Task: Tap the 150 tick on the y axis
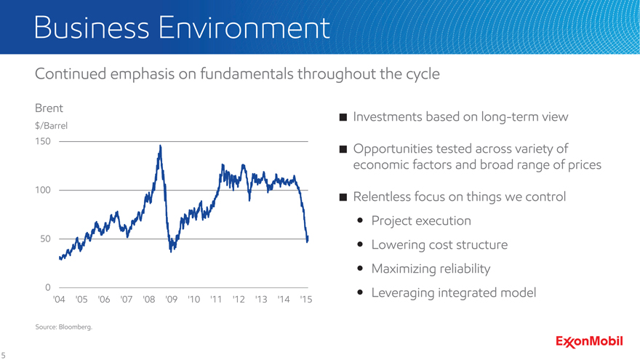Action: point(43,140)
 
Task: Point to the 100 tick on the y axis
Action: point(43,190)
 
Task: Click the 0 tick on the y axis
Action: point(47,287)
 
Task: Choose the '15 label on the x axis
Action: point(306,300)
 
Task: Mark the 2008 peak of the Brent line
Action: point(159,147)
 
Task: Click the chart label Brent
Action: point(48,108)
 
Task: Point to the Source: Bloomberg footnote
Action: point(64,327)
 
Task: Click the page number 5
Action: point(4,354)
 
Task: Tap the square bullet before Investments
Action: point(343,118)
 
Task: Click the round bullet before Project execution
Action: point(361,220)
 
